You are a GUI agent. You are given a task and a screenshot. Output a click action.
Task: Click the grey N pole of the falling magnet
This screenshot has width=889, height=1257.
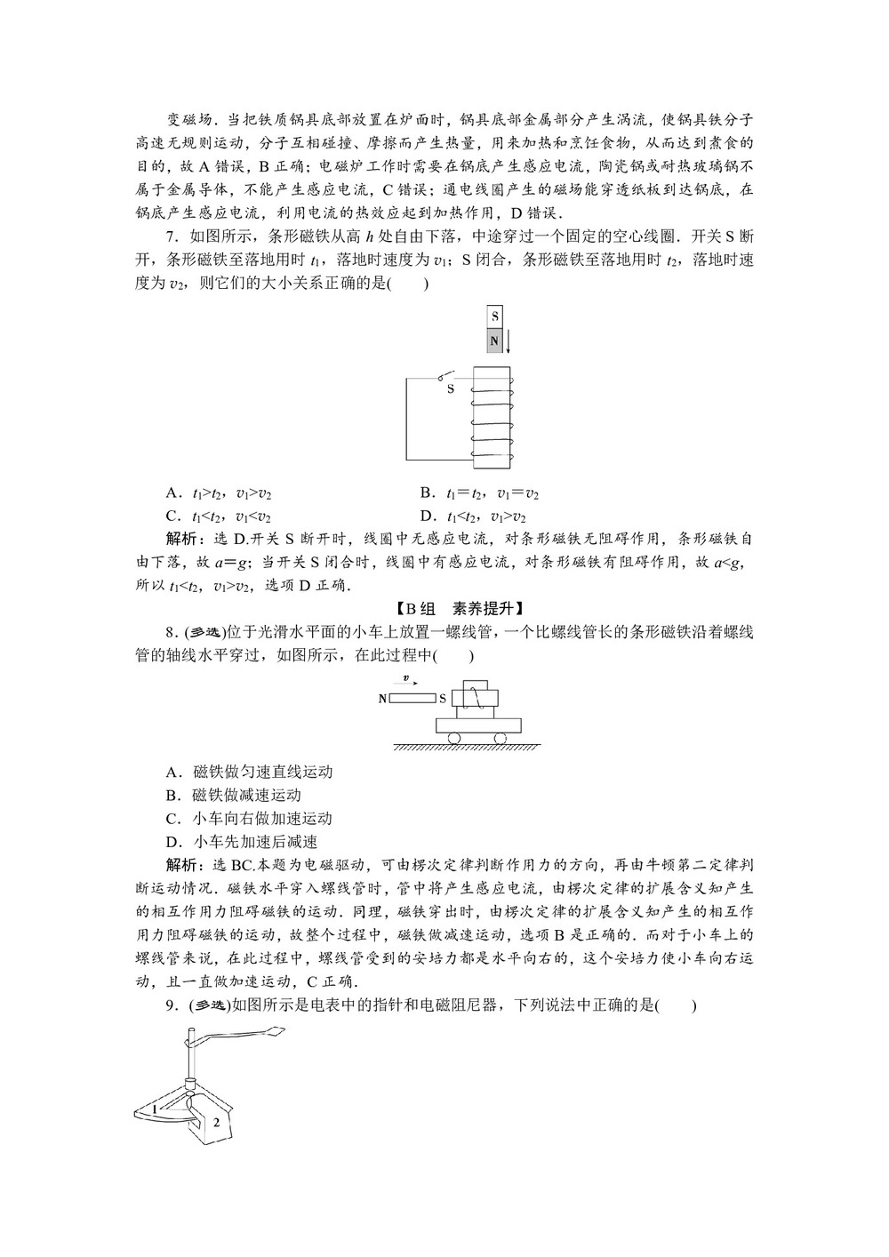tap(495, 340)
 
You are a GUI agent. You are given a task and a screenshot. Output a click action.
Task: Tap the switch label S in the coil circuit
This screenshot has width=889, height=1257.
tap(450, 388)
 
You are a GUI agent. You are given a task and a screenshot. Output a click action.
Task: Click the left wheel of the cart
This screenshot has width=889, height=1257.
tap(454, 737)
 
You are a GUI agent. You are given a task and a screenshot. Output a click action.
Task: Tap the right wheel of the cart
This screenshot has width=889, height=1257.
tap(500, 737)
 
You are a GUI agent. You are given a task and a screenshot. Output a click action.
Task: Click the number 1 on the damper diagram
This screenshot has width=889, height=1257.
tap(154, 1109)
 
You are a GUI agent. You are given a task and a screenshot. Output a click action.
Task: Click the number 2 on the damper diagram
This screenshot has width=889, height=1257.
tap(215, 1122)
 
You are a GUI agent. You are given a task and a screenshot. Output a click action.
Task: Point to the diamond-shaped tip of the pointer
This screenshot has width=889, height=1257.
tap(275, 1033)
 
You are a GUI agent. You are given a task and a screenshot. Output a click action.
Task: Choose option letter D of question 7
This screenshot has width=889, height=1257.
tap(427, 516)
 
